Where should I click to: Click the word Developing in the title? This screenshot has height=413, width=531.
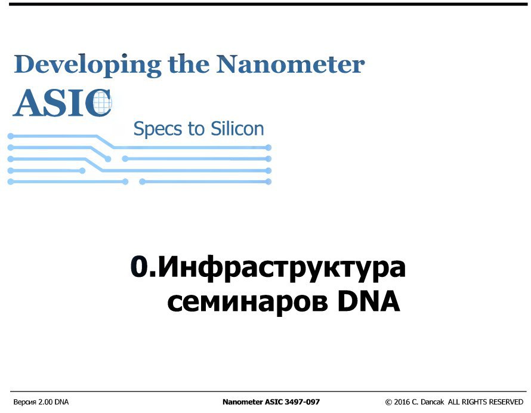(x=87, y=66)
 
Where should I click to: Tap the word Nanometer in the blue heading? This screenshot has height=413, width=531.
(x=290, y=64)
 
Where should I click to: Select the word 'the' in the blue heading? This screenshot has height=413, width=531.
(x=189, y=64)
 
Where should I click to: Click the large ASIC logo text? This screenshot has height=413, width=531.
(x=62, y=103)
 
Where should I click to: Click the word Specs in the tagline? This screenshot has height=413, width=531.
(x=158, y=130)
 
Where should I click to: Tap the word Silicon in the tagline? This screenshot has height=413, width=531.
(x=237, y=129)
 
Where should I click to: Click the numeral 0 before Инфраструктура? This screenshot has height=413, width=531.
(x=139, y=267)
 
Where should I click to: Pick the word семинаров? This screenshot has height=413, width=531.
(x=248, y=302)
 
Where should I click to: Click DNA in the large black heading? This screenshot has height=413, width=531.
(x=369, y=301)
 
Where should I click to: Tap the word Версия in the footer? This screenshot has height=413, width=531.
(x=24, y=402)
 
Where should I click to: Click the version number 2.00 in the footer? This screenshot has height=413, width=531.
(x=45, y=402)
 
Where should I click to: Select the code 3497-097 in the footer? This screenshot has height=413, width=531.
(x=302, y=402)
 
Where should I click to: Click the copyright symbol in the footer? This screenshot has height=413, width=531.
(x=388, y=402)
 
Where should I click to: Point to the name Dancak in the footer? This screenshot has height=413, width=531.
(x=433, y=402)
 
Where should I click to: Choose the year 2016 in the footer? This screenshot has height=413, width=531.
(x=402, y=402)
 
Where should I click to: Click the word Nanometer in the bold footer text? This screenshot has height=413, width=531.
(x=243, y=402)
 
